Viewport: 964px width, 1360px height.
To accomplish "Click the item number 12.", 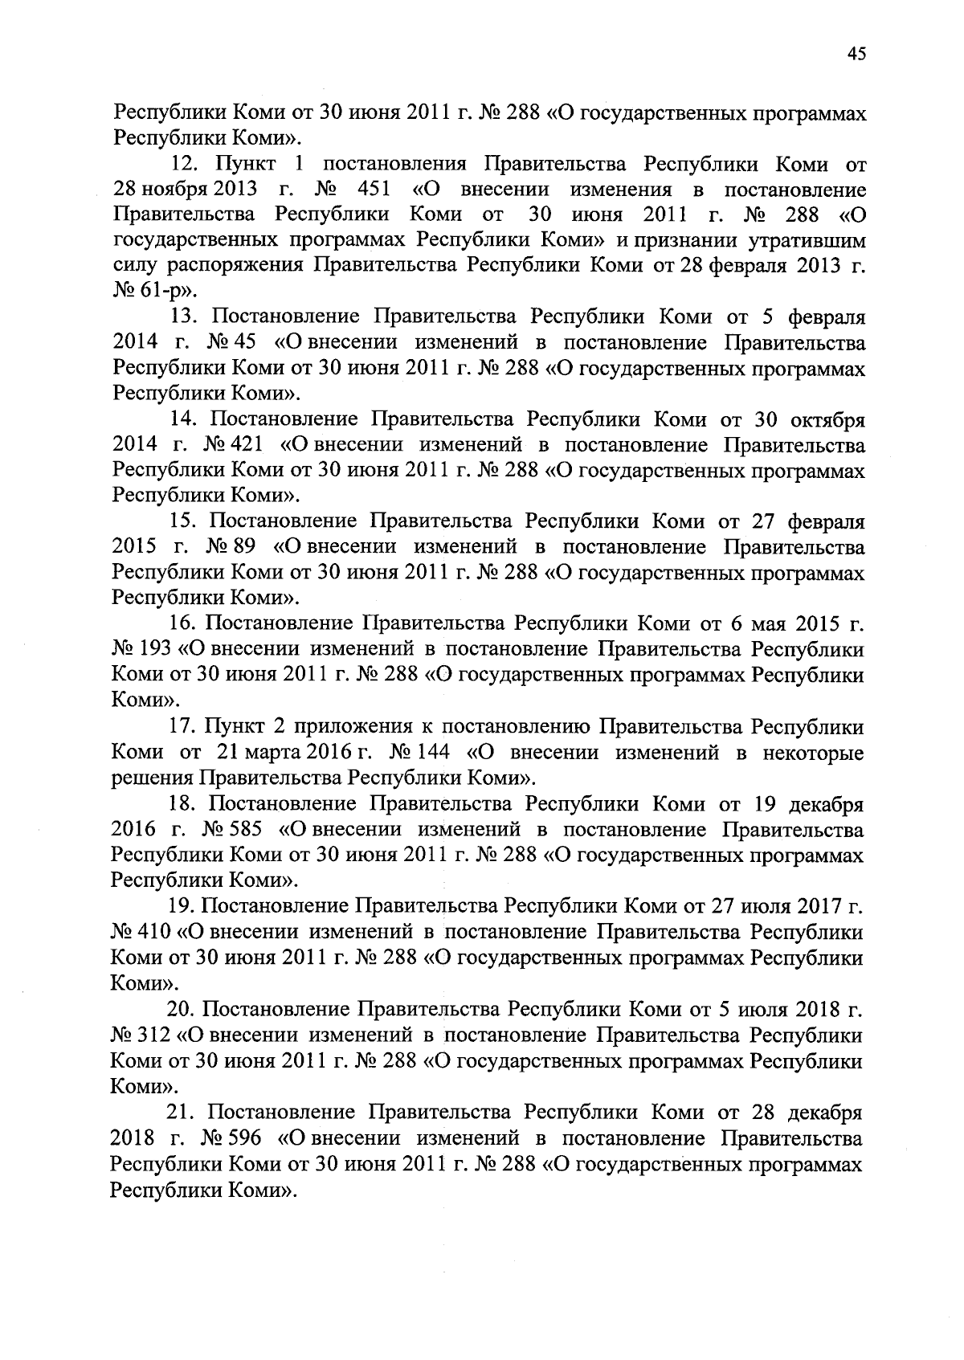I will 186,165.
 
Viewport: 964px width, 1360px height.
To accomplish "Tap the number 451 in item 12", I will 373,190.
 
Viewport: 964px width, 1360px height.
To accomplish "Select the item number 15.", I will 183,522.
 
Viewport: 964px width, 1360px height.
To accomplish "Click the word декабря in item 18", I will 826,804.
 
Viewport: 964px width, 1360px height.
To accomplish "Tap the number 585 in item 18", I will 249,830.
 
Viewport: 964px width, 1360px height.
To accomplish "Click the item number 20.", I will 181,1010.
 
